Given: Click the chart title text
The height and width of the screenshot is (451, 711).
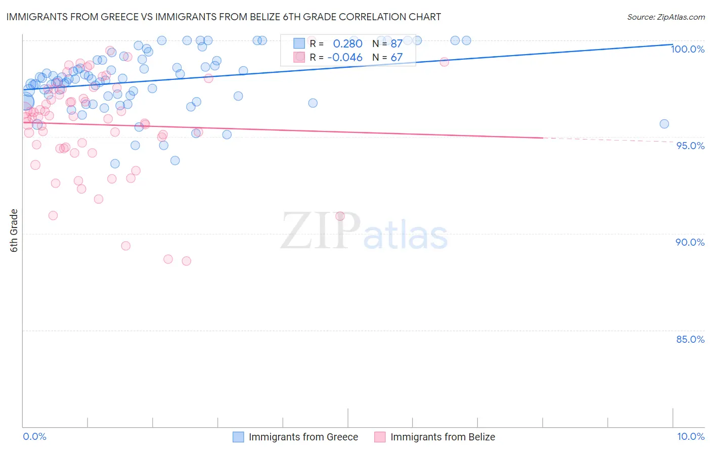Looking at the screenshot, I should coord(224,17).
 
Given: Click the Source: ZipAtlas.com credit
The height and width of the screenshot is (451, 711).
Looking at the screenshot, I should coord(665,17).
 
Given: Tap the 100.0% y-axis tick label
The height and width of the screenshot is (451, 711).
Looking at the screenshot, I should coord(687,49).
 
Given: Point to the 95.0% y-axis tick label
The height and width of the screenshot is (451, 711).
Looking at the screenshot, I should coord(690,146).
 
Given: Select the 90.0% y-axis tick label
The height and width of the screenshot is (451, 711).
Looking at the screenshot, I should coord(690,242).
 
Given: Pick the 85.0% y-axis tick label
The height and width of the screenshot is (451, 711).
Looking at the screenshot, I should coord(690,339).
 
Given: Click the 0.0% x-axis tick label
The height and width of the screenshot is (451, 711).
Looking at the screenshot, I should coord(34,436).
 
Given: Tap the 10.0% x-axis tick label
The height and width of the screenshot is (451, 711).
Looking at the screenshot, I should coord(690,436).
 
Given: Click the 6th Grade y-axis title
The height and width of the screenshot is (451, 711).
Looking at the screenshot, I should coord(14,231).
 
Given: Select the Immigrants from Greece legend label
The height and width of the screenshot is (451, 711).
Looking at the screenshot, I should coord(303,437).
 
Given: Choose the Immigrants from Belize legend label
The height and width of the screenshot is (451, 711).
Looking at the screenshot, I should coord(442,437).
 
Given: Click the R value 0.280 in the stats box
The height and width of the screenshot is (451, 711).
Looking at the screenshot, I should coord(347,44).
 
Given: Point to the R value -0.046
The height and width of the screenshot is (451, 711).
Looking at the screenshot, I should coord(345,58).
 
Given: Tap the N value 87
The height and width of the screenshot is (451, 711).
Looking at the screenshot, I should coord(396,44).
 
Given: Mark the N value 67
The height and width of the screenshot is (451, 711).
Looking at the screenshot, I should coord(396,58).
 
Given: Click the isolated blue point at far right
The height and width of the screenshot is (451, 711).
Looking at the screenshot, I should coord(664,124).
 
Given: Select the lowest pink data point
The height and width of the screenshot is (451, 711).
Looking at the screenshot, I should coord(186,261).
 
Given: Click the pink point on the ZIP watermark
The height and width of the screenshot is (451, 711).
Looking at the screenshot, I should coord(340,216).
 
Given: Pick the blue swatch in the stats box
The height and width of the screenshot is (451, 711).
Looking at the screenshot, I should coord(299,43).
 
